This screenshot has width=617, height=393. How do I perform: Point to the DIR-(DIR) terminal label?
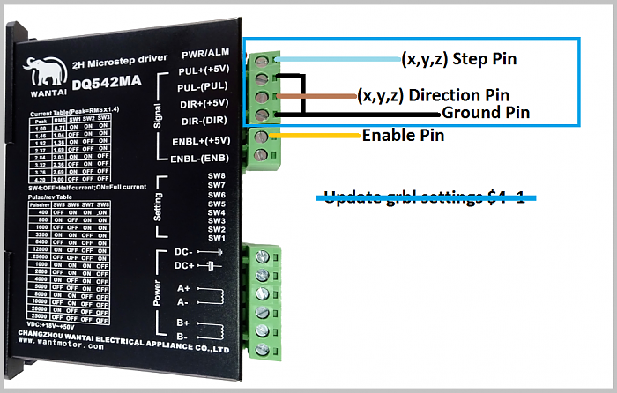point(205,120)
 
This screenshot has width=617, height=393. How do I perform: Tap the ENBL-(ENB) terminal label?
point(202,159)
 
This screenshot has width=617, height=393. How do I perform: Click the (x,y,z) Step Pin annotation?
point(458,59)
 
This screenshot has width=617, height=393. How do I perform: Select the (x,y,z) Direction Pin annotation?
point(433,94)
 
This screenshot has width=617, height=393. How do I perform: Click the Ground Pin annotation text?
point(486,112)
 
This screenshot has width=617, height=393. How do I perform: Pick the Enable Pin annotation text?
point(403,136)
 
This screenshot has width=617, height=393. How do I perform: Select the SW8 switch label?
point(217,176)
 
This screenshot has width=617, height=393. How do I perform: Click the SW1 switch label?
point(217,237)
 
